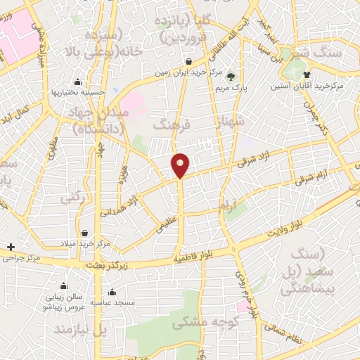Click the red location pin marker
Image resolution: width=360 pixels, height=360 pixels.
tap(181, 164)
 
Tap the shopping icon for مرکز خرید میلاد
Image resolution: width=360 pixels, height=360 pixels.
tap(84, 233)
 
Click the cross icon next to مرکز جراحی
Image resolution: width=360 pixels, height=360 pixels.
tap(11, 247)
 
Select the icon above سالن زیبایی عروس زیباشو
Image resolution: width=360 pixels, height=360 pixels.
tap(63, 285)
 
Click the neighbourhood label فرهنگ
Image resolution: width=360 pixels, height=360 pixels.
tap(172, 124)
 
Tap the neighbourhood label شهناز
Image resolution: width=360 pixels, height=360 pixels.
tap(233, 122)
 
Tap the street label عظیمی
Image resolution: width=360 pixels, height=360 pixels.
tap(162, 226)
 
